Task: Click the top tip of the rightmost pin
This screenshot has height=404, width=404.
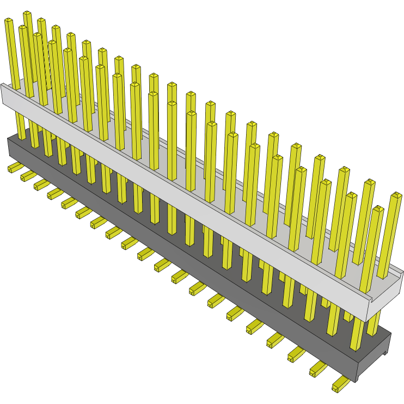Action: click(x=396, y=194)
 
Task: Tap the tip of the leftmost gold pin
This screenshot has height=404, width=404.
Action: click(x=9, y=21)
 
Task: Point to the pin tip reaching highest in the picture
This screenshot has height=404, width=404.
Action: click(x=27, y=13)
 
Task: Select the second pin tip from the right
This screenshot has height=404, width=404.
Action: click(x=378, y=209)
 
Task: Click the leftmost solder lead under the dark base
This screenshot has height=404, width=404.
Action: click(x=14, y=168)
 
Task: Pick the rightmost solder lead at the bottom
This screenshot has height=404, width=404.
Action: click(x=340, y=384)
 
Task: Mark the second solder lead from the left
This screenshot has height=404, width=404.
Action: click(x=27, y=175)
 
